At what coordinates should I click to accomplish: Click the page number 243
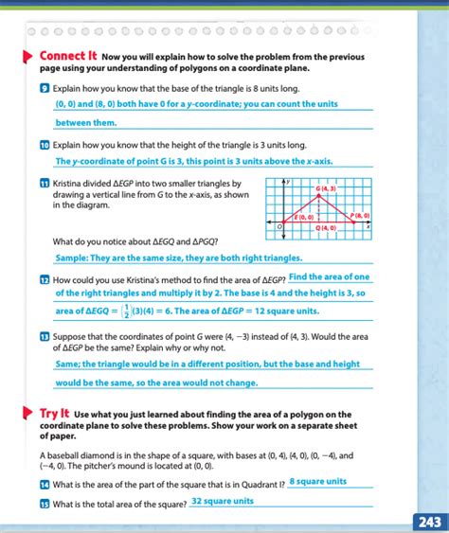tap(428, 522)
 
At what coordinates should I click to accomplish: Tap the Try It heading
tap(53, 414)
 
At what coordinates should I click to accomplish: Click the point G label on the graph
tap(325, 188)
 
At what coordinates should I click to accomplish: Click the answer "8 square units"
tap(318, 482)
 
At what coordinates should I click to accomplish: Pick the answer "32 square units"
tap(223, 501)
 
